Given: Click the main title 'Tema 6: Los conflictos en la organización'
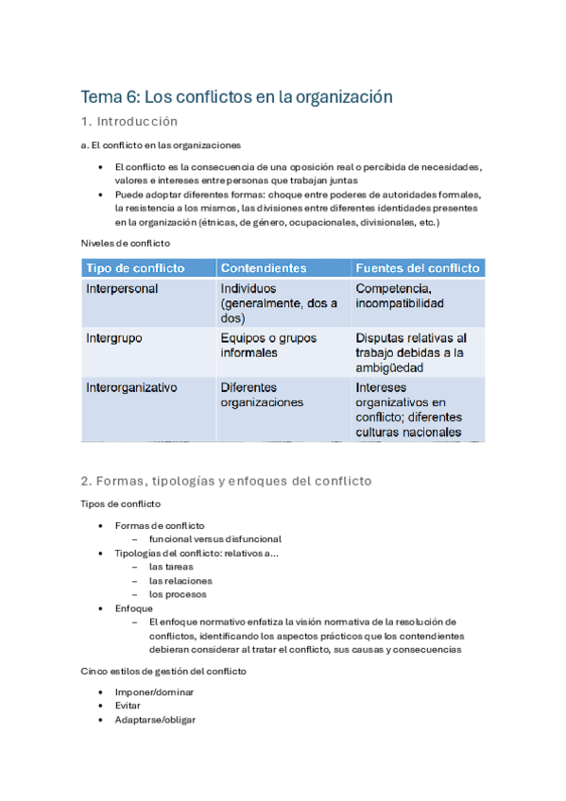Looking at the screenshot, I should click(x=236, y=96).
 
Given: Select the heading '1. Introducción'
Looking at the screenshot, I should click(x=129, y=122).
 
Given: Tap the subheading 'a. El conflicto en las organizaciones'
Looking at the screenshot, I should click(x=161, y=145).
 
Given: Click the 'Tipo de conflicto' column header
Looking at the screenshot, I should click(x=136, y=268).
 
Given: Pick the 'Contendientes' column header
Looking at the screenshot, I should click(x=263, y=268).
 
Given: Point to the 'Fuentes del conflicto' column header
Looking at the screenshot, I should click(x=418, y=268).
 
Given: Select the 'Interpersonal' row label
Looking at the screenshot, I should click(x=122, y=288).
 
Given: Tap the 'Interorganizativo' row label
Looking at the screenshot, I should click(x=131, y=386).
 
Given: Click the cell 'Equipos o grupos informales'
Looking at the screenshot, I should click(x=268, y=345).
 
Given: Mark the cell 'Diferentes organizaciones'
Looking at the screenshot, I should click(x=262, y=394).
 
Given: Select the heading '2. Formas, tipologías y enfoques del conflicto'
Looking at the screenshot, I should click(x=227, y=481).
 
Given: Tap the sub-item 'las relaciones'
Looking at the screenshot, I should click(x=180, y=580).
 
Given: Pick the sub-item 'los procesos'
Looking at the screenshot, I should click(x=178, y=594).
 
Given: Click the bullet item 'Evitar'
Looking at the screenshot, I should click(x=129, y=705).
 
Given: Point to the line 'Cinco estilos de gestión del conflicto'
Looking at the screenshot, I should click(x=163, y=671).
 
